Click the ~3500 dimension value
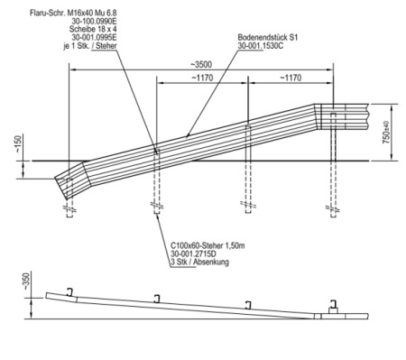[x=201, y=64]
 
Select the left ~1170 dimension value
[x=202, y=78]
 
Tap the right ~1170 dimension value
[x=291, y=78]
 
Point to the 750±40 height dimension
[x=386, y=133]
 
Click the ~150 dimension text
[x=19, y=144]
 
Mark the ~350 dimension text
[x=27, y=282]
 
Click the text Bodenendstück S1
[x=268, y=38]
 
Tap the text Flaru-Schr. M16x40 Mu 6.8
[x=73, y=13]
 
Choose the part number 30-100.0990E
[x=94, y=21]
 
